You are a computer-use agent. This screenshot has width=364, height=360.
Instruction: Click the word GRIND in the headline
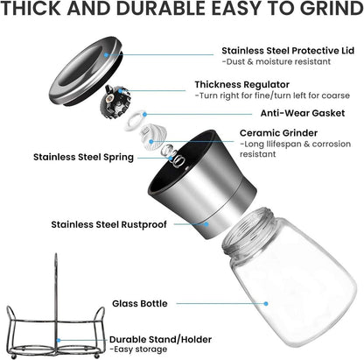(332, 8)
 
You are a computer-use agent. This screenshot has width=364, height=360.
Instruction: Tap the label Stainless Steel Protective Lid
(288, 51)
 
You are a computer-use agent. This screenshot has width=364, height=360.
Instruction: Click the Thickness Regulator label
(242, 85)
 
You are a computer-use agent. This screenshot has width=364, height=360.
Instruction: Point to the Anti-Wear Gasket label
(303, 113)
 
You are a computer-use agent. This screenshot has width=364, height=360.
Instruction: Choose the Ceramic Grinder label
(278, 133)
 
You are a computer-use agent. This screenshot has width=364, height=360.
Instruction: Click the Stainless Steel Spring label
(83, 157)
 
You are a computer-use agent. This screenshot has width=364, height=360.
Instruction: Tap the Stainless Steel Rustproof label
(109, 224)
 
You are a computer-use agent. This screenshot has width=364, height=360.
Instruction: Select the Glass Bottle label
(140, 303)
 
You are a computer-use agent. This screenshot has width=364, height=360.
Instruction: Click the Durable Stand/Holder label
(160, 340)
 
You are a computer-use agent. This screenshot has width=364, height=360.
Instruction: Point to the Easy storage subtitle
(138, 349)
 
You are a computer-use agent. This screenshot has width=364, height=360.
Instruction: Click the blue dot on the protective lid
(106, 54)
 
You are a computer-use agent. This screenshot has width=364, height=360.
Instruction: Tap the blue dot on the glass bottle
(266, 304)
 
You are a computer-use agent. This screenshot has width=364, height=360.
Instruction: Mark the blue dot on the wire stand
(59, 341)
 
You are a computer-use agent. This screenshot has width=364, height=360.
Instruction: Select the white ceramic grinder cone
(153, 137)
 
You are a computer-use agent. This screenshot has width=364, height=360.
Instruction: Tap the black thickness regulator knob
(115, 102)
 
